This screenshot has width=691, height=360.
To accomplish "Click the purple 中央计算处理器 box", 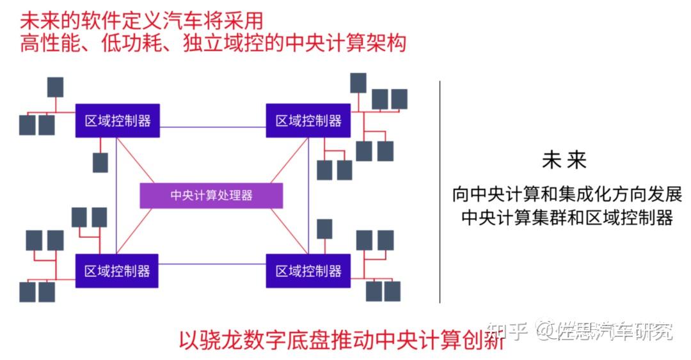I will pyautogui.click(x=211, y=195).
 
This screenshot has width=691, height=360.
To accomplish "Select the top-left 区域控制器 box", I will pyautogui.click(x=117, y=121).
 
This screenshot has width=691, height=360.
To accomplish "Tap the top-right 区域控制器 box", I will pyautogui.click(x=308, y=121).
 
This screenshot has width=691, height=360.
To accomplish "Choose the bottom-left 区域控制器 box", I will pyautogui.click(x=117, y=270).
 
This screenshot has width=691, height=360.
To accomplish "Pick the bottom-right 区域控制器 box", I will pyautogui.click(x=308, y=270).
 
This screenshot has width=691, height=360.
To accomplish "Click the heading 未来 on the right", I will pyautogui.click(x=564, y=160).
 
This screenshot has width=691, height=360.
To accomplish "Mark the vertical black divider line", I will pyautogui.click(x=440, y=192).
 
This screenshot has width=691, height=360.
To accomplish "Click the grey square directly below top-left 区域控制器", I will pyautogui.click(x=100, y=162).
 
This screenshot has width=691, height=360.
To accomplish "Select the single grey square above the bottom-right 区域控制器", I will pyautogui.click(x=324, y=229).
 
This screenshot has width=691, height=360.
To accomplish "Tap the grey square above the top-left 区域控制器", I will pyautogui.click(x=56, y=87).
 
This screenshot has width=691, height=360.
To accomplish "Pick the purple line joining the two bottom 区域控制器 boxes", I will pyautogui.click(x=212, y=264).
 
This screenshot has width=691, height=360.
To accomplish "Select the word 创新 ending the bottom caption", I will pyautogui.click(x=483, y=338).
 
